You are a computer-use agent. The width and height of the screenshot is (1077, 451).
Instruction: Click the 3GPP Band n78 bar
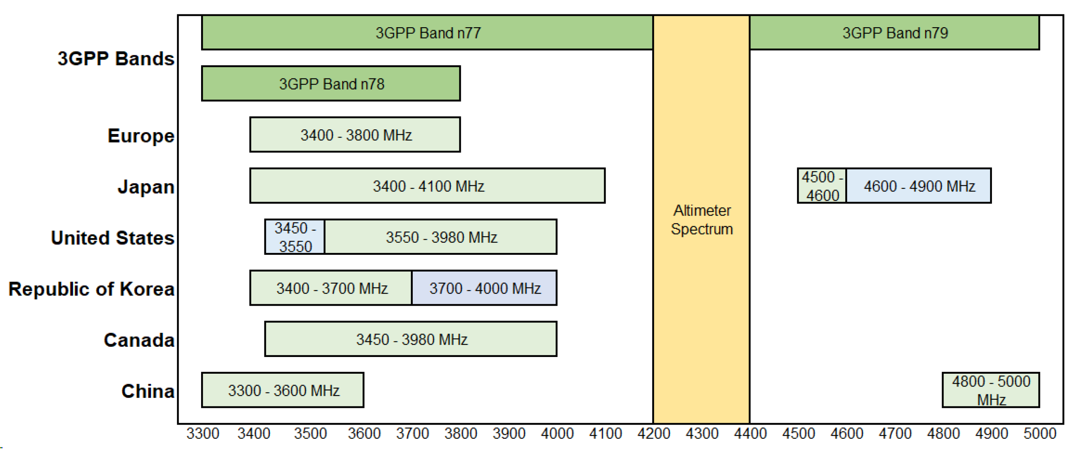click(x=331, y=84)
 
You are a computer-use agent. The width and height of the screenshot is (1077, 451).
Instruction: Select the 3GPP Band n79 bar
click(x=894, y=33)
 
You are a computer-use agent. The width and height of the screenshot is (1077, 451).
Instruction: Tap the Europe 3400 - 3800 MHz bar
click(x=355, y=135)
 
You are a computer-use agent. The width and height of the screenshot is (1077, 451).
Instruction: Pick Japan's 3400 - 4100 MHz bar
click(x=427, y=186)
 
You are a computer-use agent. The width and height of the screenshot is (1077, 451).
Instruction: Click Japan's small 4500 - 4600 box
click(x=822, y=186)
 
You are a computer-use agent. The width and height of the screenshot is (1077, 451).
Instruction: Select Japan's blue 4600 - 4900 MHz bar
click(x=919, y=186)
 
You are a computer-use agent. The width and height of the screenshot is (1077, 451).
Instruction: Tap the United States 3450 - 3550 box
click(x=295, y=237)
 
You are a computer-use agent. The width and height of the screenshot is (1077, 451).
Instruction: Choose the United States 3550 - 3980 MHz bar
click(x=441, y=237)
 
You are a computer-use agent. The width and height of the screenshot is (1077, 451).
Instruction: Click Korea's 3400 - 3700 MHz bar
click(x=331, y=288)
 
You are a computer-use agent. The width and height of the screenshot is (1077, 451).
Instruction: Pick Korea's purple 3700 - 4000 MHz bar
click(x=484, y=288)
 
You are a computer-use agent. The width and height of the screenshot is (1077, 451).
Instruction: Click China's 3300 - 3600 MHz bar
click(x=283, y=390)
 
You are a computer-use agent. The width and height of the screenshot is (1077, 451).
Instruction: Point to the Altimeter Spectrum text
click(x=702, y=219)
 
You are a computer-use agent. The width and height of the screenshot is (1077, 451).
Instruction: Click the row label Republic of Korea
click(x=91, y=289)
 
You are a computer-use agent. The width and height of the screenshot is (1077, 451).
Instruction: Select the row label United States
click(x=112, y=238)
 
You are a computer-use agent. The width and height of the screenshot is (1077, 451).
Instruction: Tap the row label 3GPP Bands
click(x=116, y=59)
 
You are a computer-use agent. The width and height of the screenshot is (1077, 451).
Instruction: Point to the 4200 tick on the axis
click(x=653, y=434)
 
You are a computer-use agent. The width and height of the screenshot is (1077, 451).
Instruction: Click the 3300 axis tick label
click(x=203, y=434)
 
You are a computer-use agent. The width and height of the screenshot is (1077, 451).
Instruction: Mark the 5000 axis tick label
click(x=1039, y=434)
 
